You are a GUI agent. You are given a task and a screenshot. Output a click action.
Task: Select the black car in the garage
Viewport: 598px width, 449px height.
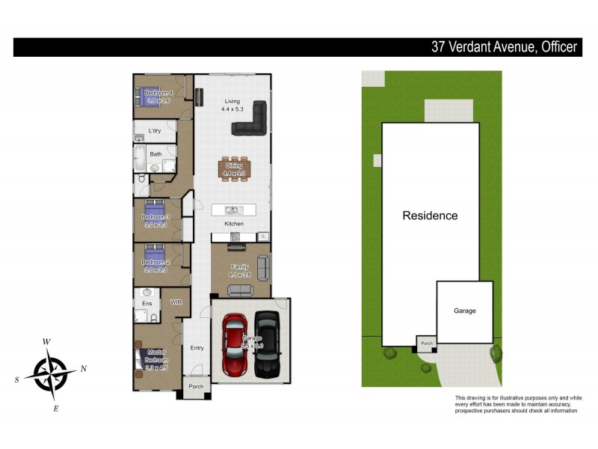(268, 344)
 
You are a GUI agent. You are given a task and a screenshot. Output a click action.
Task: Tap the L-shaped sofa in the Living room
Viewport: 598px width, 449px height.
(252, 120)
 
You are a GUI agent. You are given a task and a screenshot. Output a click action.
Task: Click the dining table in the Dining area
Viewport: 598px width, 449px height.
(234, 170)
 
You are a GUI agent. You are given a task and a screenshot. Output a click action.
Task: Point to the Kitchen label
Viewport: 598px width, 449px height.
(234, 224)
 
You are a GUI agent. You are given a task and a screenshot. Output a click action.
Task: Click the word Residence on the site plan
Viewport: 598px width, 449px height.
(430, 216)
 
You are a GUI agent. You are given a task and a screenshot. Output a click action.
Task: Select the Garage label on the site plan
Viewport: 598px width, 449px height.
(464, 311)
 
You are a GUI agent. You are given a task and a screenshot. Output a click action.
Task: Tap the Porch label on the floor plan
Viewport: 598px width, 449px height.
(196, 387)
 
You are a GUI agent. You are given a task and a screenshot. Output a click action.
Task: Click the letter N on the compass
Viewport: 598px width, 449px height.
(83, 368)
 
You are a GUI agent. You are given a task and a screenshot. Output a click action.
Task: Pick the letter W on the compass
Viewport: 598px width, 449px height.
(46, 342)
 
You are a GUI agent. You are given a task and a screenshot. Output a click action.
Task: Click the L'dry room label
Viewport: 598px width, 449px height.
(155, 131)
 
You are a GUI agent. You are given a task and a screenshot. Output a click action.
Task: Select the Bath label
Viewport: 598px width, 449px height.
(155, 154)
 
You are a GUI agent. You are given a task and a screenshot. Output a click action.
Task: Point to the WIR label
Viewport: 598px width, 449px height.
(176, 303)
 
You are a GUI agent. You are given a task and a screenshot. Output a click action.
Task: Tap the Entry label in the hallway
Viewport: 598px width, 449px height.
(197, 347)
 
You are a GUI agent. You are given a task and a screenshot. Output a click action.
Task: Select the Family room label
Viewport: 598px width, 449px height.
(239, 267)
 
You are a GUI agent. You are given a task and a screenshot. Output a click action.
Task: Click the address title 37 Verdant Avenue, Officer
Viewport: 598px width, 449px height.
(505, 47)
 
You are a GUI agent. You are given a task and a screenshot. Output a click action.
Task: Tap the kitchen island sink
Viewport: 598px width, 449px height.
(233, 210)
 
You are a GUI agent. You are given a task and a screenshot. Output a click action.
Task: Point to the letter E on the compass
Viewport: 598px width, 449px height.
(56, 408)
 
